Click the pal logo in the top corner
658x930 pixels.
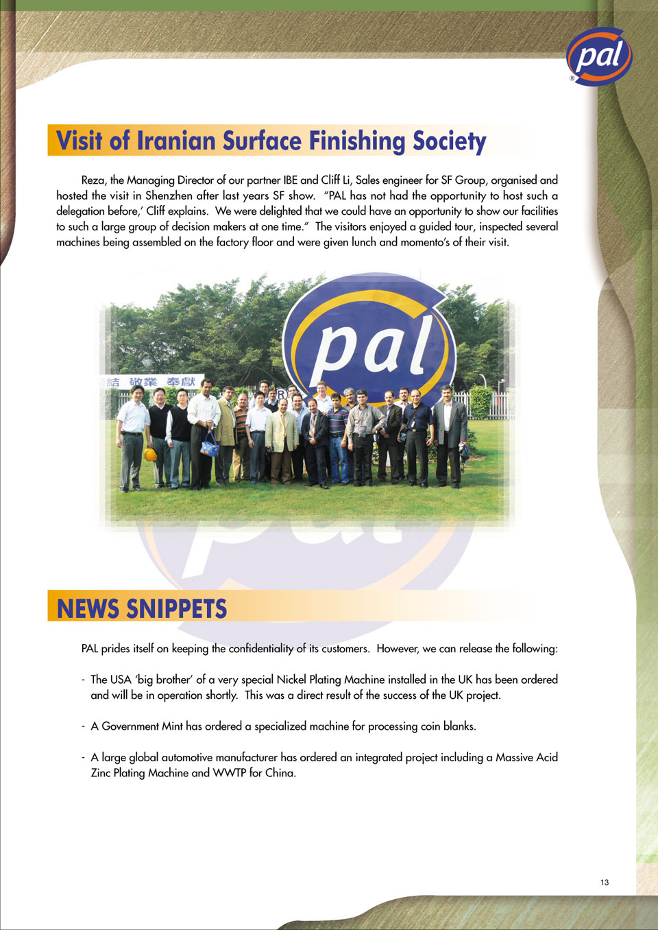[x=598, y=56]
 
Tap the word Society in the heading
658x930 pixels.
[x=449, y=141]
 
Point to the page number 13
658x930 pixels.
[x=605, y=882]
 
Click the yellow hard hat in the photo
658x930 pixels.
[x=150, y=454]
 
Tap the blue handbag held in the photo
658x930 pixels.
[x=209, y=446]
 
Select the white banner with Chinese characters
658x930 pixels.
[x=152, y=382]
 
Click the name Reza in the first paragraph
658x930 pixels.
[x=93, y=180]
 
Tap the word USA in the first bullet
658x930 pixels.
[x=121, y=680]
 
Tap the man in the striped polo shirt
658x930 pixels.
[x=337, y=436]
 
